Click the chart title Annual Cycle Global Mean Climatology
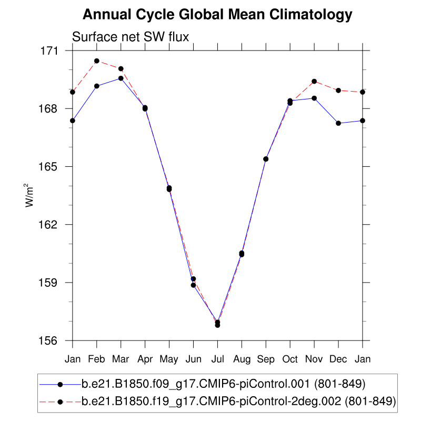tap(217, 15)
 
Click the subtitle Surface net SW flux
tap(131, 37)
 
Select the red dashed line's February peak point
tap(97, 61)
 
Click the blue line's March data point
tap(121, 78)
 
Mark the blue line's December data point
tap(338, 123)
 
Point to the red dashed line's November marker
tap(314, 82)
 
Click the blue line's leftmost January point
tap(73, 121)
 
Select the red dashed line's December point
tap(338, 91)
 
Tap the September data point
tap(266, 159)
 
